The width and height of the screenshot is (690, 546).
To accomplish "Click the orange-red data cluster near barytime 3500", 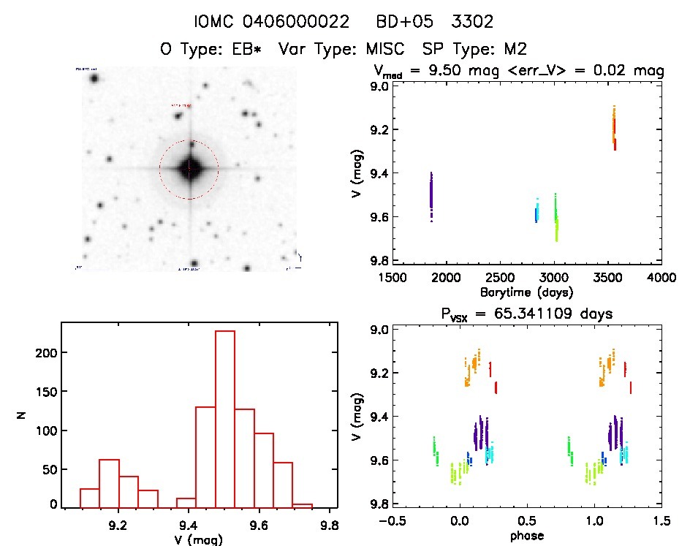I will coord(615,127).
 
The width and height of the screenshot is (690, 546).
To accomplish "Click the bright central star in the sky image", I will coord(189,169).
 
